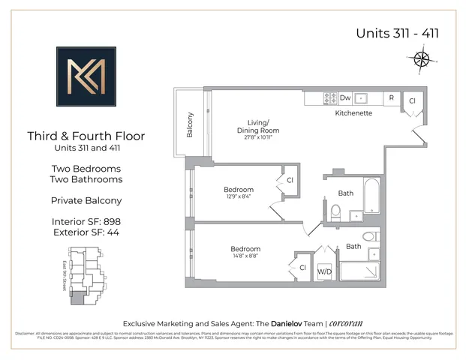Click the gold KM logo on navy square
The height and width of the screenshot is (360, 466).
(x=86, y=78)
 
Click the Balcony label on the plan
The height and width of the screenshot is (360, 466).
(x=191, y=125)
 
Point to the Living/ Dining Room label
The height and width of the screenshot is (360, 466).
(x=260, y=127)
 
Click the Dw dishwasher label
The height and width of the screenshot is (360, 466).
(x=345, y=98)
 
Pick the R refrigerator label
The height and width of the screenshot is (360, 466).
(x=391, y=98)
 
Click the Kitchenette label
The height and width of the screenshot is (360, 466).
(x=353, y=113)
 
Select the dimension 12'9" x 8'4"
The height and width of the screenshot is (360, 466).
(x=239, y=197)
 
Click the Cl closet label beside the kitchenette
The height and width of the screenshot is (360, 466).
(x=411, y=100)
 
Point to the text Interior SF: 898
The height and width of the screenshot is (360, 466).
(x=86, y=221)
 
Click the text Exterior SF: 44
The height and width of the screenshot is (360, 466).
(x=86, y=232)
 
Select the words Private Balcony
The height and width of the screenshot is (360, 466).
(x=86, y=200)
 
